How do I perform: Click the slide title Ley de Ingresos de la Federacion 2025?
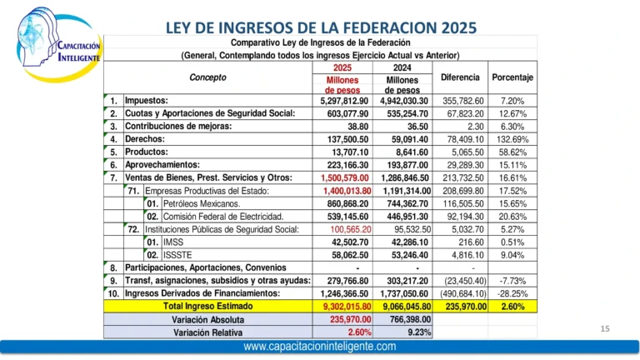click(321, 27)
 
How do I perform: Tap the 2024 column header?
click(402, 68)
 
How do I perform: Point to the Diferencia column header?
click(460, 77)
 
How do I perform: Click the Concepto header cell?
click(207, 77)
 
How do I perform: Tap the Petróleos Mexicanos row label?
click(202, 203)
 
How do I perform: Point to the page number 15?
click(606, 329)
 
